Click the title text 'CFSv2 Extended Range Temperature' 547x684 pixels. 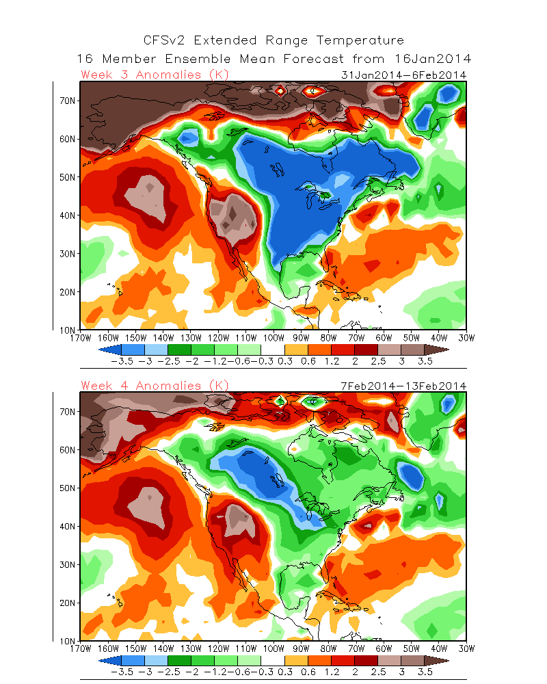tap(273, 41)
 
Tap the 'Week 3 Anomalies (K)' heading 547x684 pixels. tap(155, 75)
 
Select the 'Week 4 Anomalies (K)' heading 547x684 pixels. tap(155, 386)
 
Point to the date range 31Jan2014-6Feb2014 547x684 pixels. tap(403, 75)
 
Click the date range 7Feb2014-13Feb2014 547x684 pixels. tap(403, 386)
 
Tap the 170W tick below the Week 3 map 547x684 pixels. tap(81, 337)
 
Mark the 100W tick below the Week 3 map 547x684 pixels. tap(273, 337)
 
